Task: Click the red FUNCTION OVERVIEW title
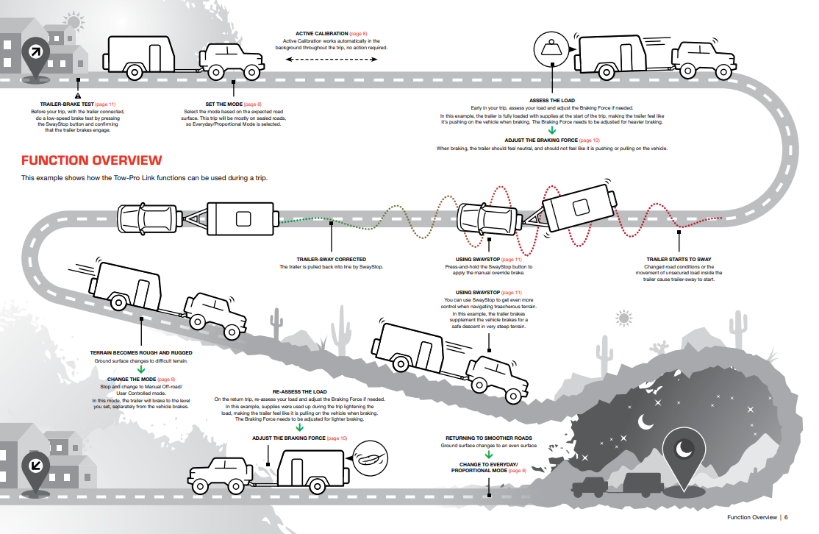pos(91,160)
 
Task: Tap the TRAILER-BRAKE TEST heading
pos(67,104)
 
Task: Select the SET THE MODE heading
pos(223,104)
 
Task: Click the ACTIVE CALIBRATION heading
pos(322,33)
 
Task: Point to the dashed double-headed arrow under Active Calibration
pos(331,59)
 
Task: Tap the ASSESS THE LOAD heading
pos(552,100)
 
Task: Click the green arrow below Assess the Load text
pos(552,130)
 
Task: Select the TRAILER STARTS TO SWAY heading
pos(679,259)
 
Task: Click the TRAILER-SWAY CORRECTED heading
pos(331,259)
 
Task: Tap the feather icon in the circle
pos(370,459)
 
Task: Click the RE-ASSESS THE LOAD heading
pos(299,391)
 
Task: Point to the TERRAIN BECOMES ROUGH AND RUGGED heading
pos(141,353)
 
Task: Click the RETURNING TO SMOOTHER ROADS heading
pos(489,438)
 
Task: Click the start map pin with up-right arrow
pos(35,57)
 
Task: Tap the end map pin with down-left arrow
pos(35,470)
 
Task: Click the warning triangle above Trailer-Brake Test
pos(78,96)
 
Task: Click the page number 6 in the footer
pos(786,517)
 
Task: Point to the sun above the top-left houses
pos(74,22)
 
